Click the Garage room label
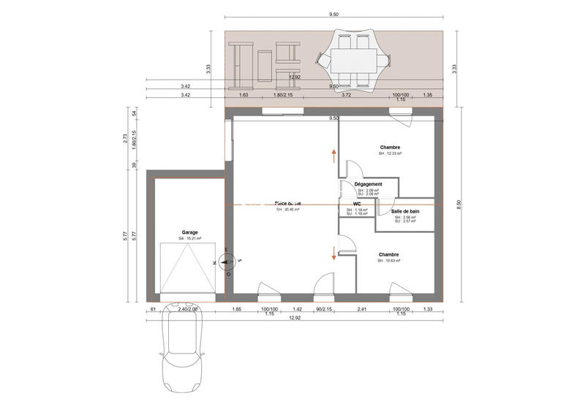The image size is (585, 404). pos(190,232)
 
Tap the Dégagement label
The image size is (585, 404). pos(369,184)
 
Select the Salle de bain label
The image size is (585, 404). pos(404,211)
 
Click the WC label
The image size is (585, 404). pos(357,205)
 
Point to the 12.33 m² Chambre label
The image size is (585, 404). pos(390,148)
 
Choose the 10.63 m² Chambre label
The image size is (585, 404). pos(389,255)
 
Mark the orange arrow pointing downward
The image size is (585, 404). pos(334,253)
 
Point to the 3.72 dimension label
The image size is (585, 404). pos(346,95)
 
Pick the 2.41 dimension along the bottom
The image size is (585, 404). pos(361,310)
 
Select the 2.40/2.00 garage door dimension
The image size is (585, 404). pos(188,310)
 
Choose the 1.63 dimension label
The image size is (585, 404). pos(244,95)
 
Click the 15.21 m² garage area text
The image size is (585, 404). pos(189,239)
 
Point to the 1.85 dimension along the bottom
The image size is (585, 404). pos(237,310)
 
